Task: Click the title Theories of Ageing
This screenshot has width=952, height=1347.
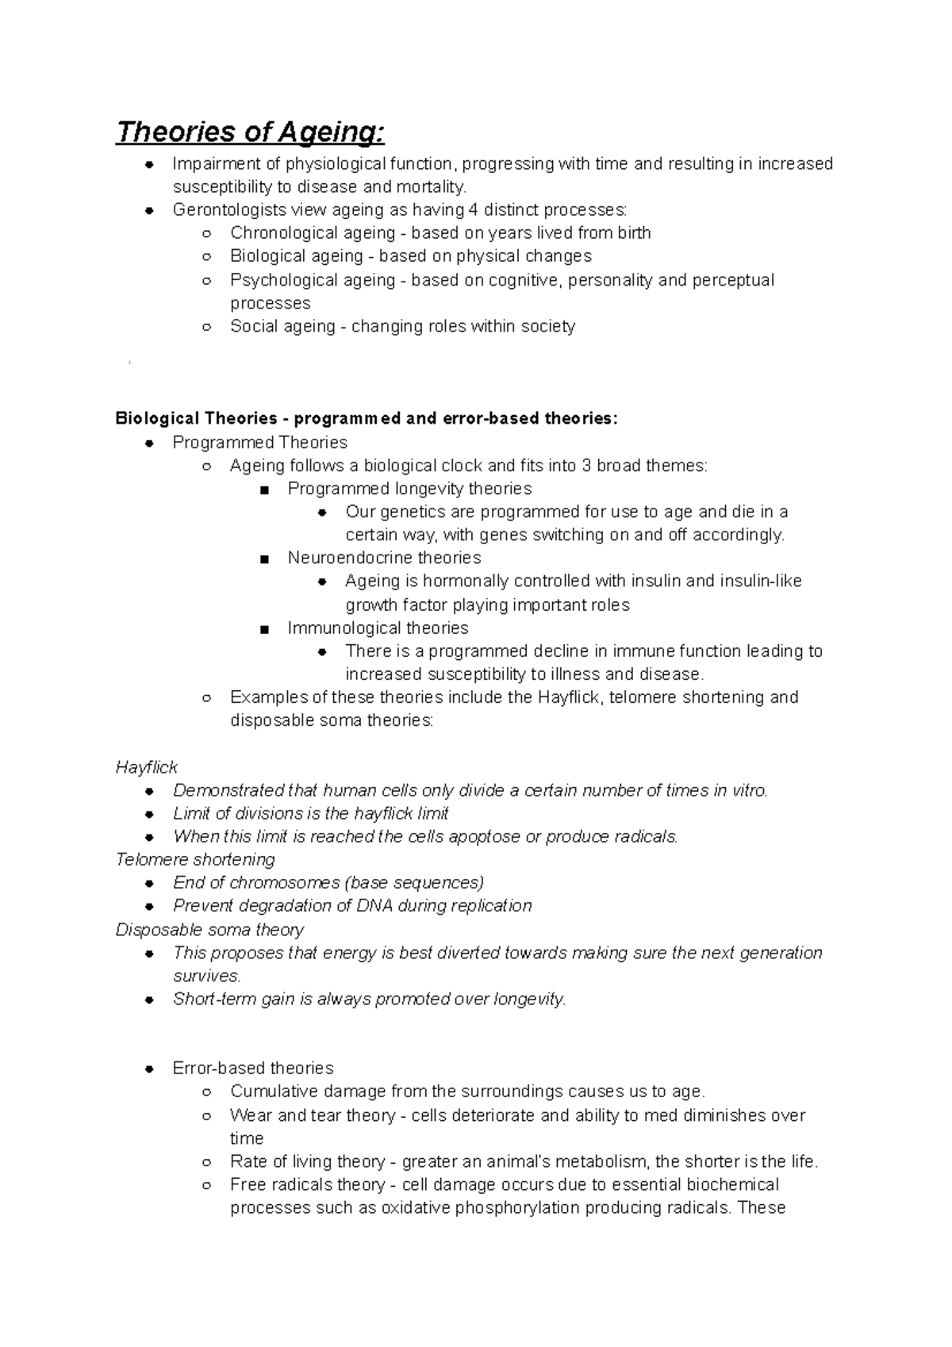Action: click(250, 132)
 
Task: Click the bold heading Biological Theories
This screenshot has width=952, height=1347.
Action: click(196, 419)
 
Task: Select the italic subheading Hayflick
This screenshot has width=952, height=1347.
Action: click(146, 767)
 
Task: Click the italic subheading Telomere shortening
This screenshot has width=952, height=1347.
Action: click(195, 860)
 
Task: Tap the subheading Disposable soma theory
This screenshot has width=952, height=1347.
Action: click(209, 930)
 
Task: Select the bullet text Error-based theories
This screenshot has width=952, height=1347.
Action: click(253, 1069)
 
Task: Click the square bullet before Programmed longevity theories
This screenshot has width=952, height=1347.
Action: click(264, 489)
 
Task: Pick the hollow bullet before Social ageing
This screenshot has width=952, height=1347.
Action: click(206, 327)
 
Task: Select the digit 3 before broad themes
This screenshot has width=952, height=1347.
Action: click(586, 466)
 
